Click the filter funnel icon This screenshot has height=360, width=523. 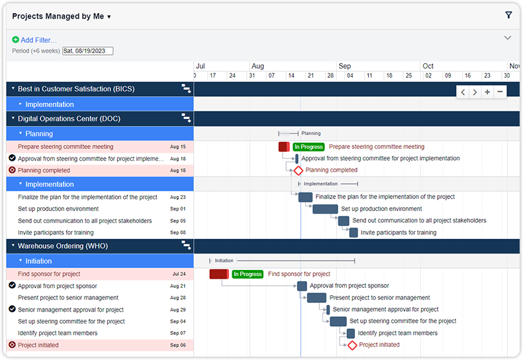tap(508, 15)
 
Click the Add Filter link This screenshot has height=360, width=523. tap(38, 40)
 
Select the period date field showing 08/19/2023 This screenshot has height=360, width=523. tap(87, 51)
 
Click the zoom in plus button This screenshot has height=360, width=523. tap(487, 92)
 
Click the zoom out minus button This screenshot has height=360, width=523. tap(500, 92)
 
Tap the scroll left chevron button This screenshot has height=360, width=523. tap(463, 92)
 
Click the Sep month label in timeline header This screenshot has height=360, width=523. tap(344, 66)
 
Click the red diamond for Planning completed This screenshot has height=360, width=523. tap(298, 170)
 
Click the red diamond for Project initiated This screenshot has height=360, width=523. tap(352, 345)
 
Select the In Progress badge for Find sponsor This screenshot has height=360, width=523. tap(248, 274)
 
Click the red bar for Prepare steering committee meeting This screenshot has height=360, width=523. tap(284, 147)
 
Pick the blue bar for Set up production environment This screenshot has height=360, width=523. tap(325, 209)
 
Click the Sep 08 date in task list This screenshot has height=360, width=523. tap(178, 233)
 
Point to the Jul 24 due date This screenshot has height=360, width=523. tap(179, 274)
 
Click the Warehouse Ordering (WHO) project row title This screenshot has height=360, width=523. tap(62, 246)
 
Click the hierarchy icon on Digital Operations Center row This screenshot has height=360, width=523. tap(186, 118)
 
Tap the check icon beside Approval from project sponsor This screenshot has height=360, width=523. tap(12, 286)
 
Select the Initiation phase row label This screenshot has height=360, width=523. tap(38, 261)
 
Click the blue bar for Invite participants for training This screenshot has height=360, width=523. tap(354, 233)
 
